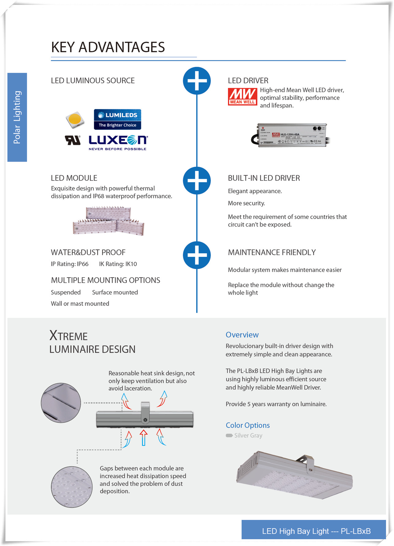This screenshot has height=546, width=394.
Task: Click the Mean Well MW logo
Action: coord(242,96)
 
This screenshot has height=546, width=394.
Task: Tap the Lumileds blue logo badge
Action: coord(117,119)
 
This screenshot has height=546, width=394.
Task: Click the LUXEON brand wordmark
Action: coord(118,141)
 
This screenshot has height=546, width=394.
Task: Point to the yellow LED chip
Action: coord(75,119)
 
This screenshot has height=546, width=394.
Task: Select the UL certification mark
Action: coord(73,140)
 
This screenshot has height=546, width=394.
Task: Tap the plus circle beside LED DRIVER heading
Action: coord(197,81)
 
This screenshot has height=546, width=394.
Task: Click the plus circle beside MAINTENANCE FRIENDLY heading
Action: coord(197,255)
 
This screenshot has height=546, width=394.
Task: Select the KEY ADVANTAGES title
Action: coord(108,47)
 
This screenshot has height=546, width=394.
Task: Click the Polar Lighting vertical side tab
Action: coord(17,117)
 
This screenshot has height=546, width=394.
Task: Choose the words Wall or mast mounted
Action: coord(80,303)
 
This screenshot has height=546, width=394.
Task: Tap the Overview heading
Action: coord(242,335)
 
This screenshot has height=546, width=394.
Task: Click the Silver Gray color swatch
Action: coord(229,435)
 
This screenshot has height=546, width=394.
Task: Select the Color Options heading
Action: coord(248,425)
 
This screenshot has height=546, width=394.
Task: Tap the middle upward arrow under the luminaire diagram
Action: coord(143,437)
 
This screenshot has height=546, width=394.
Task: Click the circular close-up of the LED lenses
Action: coord(72,487)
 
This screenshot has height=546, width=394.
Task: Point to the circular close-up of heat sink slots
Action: coord(61,403)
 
